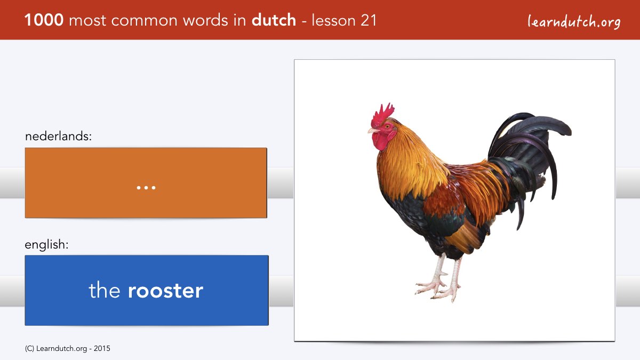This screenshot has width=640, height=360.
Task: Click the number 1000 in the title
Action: pos(44,20)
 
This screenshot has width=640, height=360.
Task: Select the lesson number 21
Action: pos(369,20)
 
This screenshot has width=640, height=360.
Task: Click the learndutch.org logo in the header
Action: pos(574,21)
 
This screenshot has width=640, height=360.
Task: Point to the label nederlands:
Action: pos(58,136)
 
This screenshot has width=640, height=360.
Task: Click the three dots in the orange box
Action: pos(146,188)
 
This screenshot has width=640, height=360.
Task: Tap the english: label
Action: pos(46,245)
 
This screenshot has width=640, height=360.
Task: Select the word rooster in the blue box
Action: pos(165,291)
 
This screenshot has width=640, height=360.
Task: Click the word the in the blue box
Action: pos(105,290)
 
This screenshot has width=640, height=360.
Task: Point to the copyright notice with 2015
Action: pos(67,349)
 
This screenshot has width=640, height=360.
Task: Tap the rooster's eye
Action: pos(387,126)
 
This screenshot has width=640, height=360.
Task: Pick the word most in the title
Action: pos(87,21)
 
